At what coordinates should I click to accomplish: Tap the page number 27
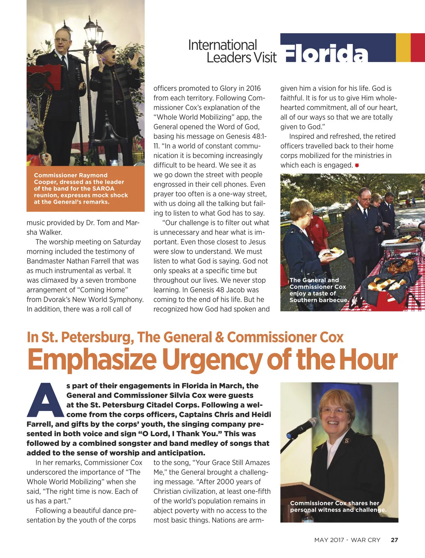click(x=394, y=540)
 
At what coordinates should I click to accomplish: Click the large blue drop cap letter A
click(x=46, y=400)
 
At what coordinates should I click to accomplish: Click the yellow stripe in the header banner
click(x=403, y=47)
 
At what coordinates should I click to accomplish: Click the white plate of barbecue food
click(x=331, y=253)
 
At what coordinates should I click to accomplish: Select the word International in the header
click(x=222, y=45)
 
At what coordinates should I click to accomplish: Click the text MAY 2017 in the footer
click(x=329, y=540)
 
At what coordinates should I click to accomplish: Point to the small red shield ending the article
click(x=357, y=165)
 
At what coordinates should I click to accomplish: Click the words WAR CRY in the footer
click(x=365, y=540)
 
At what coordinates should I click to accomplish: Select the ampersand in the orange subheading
click(x=219, y=337)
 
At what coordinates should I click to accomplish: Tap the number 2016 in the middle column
click(x=253, y=88)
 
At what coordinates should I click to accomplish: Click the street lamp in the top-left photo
click(x=93, y=34)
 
